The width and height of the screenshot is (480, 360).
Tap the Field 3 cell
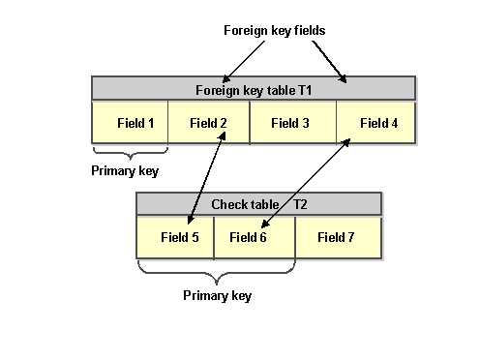click(x=291, y=123)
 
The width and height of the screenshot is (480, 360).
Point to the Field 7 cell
click(x=337, y=237)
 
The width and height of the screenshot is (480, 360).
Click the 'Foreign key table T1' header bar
click(x=254, y=89)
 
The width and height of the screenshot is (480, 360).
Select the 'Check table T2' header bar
click(x=258, y=204)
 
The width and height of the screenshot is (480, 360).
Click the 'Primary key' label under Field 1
click(x=126, y=171)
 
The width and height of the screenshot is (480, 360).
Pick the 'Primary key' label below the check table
click(x=217, y=295)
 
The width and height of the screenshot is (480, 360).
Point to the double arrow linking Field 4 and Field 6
click(x=304, y=183)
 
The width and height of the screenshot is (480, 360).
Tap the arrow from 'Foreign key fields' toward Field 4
click(x=328, y=60)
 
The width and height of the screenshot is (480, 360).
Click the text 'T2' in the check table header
click(x=300, y=204)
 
